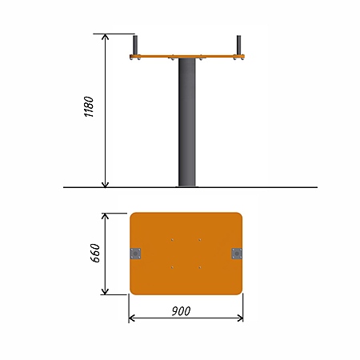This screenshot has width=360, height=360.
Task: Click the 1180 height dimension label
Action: (89, 106)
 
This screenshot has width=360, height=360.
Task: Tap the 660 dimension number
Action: (95, 253)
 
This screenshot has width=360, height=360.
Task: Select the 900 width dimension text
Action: (181, 311)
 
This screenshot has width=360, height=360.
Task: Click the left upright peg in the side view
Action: (135, 45)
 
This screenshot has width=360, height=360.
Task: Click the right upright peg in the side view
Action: (238, 45)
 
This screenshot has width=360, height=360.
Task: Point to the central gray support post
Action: (187, 122)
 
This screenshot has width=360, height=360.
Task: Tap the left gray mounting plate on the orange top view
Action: (135, 254)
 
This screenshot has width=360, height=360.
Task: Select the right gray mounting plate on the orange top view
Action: (237, 254)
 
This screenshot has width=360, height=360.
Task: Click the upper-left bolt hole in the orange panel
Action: (172, 240)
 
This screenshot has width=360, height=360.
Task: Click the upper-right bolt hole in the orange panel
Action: (200, 240)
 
